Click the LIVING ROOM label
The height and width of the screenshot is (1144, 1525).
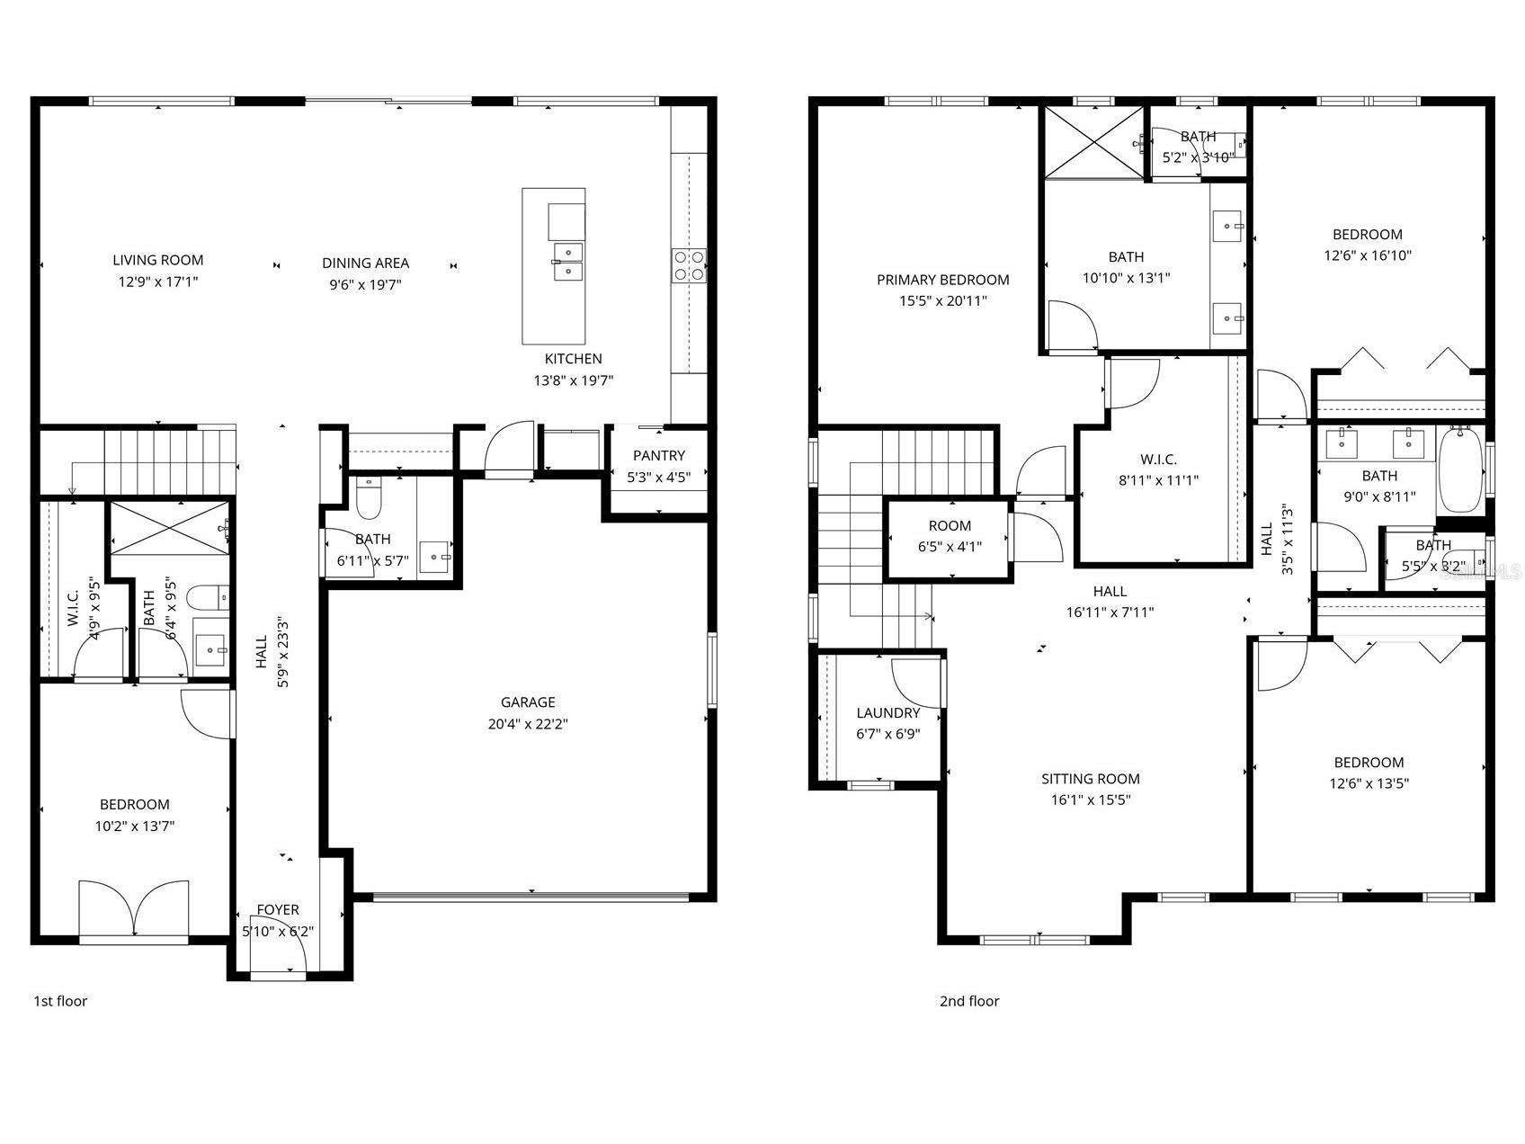(x=158, y=260)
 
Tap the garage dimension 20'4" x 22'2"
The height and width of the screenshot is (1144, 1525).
(x=528, y=724)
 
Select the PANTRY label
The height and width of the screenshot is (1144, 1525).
(x=658, y=456)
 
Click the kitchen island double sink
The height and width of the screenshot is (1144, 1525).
(x=567, y=260)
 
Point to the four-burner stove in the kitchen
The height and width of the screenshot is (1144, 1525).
(x=689, y=265)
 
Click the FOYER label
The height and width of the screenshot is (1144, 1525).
(x=278, y=910)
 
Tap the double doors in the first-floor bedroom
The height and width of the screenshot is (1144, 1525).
(x=134, y=910)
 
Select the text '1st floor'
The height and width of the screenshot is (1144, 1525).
(x=60, y=1001)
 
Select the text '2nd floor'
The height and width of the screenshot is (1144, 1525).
(x=969, y=1001)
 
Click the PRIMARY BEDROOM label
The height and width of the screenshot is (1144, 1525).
(x=942, y=280)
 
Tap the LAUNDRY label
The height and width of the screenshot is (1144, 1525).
(x=887, y=713)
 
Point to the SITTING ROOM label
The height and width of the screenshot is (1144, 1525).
(x=1090, y=779)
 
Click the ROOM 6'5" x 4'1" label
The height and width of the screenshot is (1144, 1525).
(x=950, y=526)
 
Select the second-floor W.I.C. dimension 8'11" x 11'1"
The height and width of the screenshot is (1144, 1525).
(x=1158, y=481)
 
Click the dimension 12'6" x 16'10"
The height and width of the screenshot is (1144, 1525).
(x=1367, y=255)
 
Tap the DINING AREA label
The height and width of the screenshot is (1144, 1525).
(x=365, y=264)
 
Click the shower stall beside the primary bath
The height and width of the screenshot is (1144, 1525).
(x=1092, y=141)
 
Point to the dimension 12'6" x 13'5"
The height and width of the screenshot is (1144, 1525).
(x=1369, y=783)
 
